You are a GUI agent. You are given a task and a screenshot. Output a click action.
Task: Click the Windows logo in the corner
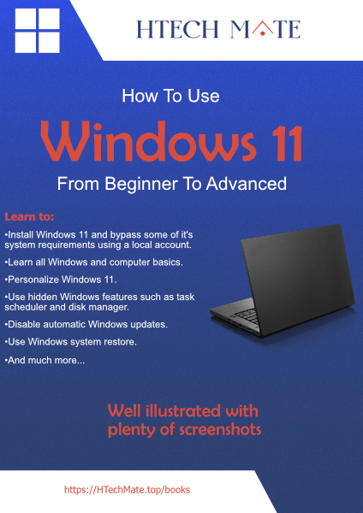pos(37,31)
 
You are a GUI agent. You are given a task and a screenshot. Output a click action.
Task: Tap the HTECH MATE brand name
pos(218,30)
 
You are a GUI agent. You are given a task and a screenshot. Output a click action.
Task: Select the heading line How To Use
pos(170,96)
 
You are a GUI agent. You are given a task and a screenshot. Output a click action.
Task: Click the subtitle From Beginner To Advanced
pos(171,183)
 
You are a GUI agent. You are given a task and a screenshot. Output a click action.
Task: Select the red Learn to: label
pos(29,216)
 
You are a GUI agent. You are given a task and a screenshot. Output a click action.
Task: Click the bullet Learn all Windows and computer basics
pos(94,262)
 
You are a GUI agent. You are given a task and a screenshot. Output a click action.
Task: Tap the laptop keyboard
pos(257,321)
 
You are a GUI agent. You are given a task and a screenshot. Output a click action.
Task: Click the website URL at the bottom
pos(127,490)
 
